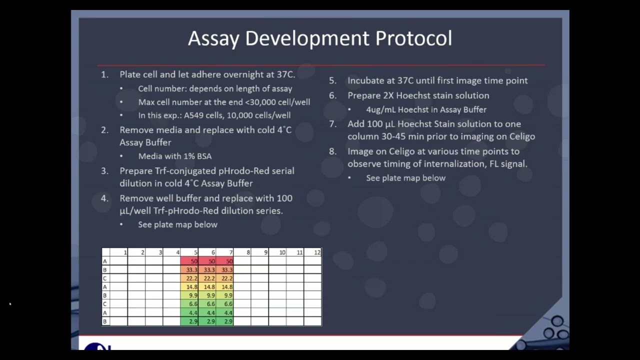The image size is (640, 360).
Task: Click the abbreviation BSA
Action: pyautogui.click(x=202, y=156)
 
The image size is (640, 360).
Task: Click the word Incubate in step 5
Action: pyautogui.click(x=366, y=80)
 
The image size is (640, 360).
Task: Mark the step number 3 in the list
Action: pyautogui.click(x=104, y=171)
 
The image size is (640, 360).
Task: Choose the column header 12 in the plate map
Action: pyautogui.click(x=316, y=252)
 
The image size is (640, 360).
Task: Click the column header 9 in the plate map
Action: pyautogui.click(x=265, y=252)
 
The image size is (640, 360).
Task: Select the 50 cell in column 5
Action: pyautogui.click(x=193, y=261)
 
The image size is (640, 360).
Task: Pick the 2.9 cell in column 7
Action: pyautogui.click(x=228, y=321)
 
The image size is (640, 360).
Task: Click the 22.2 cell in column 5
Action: pyautogui.click(x=191, y=278)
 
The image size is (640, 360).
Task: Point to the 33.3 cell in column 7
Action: pyautogui.click(x=226, y=270)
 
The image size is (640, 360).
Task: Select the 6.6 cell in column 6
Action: pyautogui.click(x=210, y=304)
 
